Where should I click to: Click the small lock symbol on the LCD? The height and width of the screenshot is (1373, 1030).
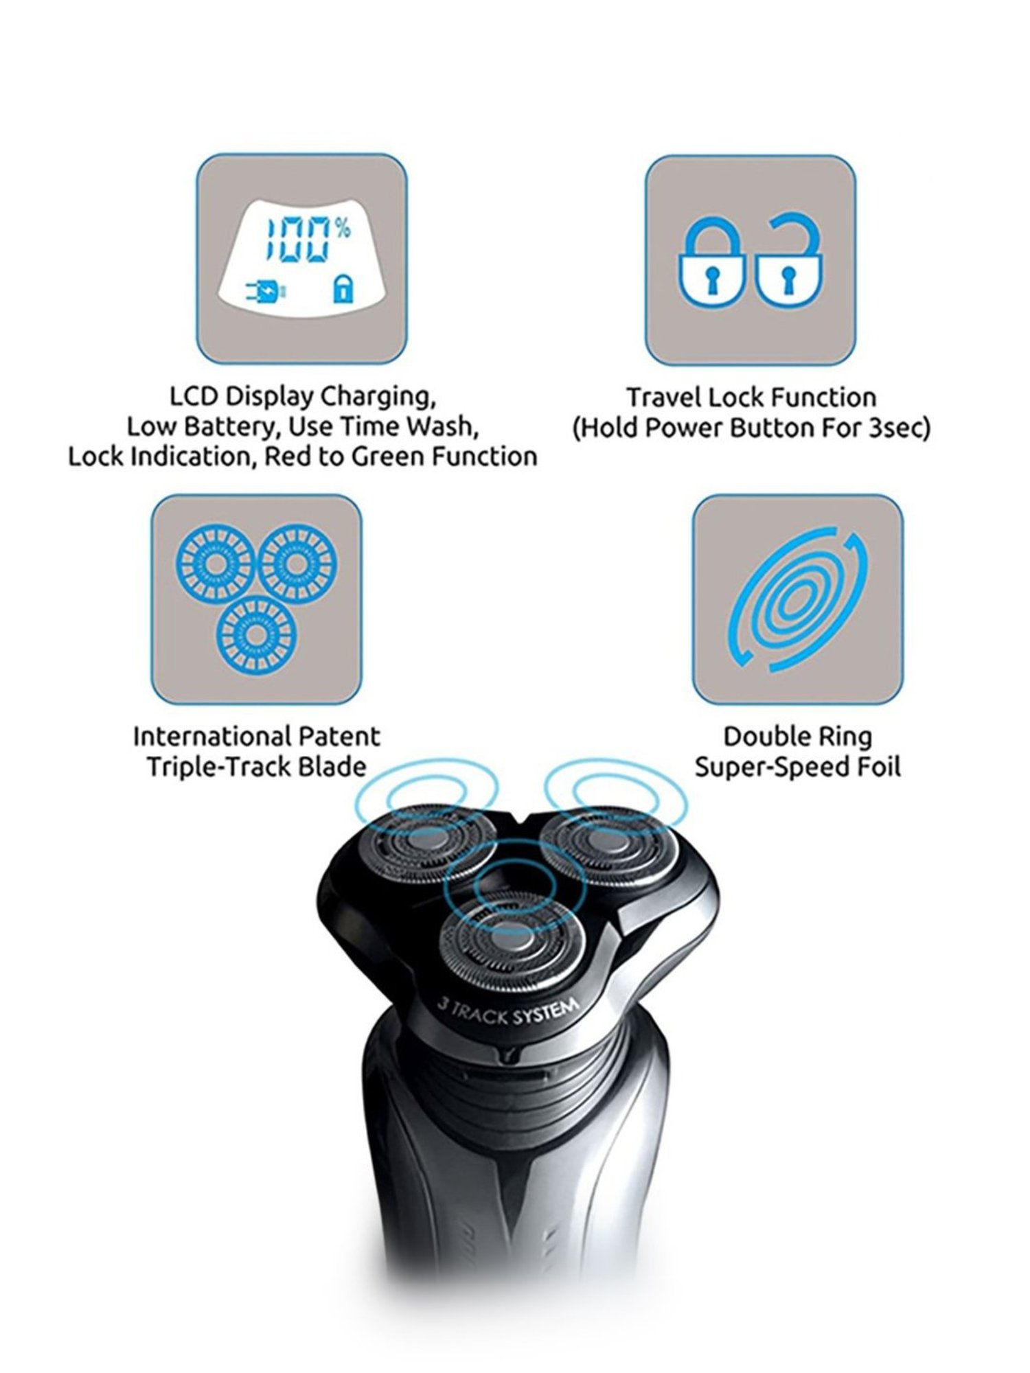pyautogui.click(x=343, y=290)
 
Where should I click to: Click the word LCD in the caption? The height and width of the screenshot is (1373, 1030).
pyautogui.click(x=194, y=396)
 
